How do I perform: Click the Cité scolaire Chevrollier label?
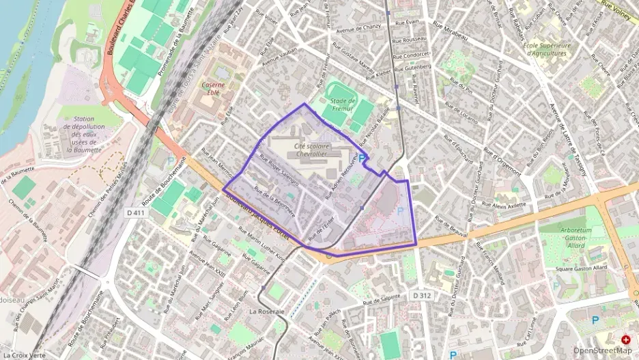click(x=311, y=150)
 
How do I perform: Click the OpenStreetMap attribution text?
click(x=602, y=350)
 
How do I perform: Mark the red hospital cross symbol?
click(x=625, y=340)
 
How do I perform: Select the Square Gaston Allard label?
click(x=582, y=268)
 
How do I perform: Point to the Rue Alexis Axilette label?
click(x=509, y=205)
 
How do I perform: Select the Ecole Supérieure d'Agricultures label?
click(x=544, y=49)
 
